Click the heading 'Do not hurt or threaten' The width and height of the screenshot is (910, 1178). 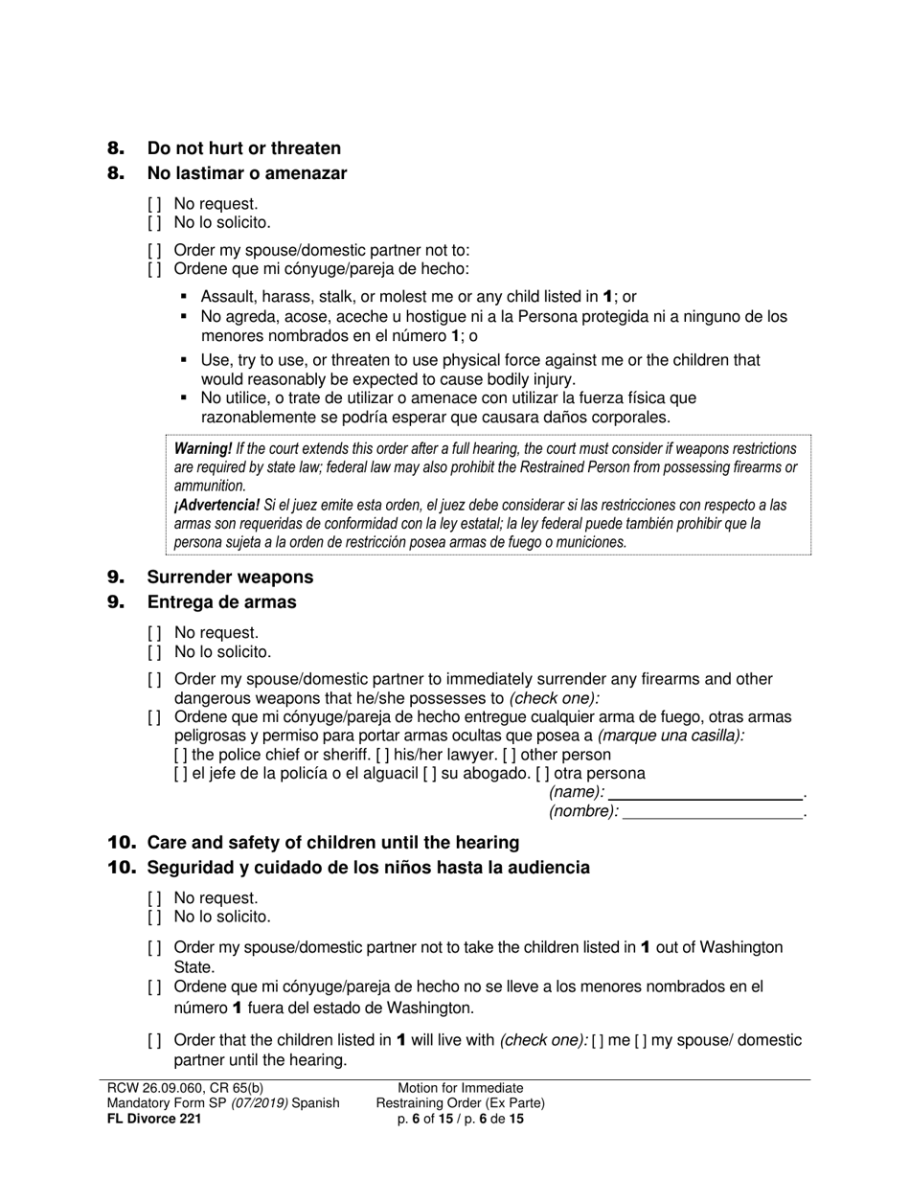[x=243, y=148]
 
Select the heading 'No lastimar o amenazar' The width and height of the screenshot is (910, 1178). [x=246, y=173]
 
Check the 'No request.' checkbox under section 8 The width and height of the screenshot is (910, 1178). [x=155, y=204]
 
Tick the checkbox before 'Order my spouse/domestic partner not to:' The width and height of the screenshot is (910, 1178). [x=155, y=251]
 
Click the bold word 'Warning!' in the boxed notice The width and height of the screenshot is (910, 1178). [x=203, y=448]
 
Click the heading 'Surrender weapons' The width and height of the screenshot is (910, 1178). [x=230, y=578]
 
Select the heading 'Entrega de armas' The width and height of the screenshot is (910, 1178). [x=221, y=602]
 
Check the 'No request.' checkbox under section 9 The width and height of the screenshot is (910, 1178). [x=155, y=633]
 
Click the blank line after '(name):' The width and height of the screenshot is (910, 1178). [x=705, y=793]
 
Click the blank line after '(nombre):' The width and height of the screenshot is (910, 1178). [x=713, y=812]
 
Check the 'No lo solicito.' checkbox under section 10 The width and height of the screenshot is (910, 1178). [x=155, y=917]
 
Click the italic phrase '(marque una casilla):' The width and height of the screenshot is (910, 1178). [x=671, y=736]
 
